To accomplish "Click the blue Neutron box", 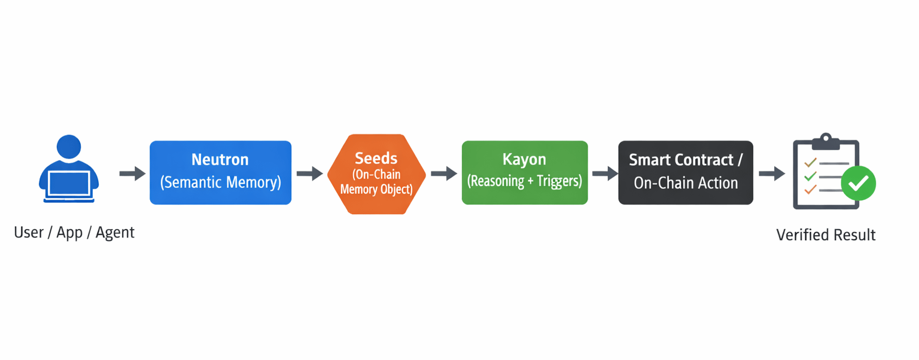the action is (x=220, y=173).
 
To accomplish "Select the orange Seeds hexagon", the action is (x=376, y=174).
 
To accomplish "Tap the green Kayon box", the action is (x=525, y=173).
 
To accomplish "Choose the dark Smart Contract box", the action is (x=686, y=173).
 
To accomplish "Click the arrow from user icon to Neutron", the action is (x=132, y=173).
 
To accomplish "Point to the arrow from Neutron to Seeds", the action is (x=310, y=173).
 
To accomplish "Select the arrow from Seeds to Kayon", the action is (x=444, y=173).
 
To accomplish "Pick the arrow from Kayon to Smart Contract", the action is (x=605, y=173).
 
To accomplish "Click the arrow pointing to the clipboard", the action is (x=772, y=173).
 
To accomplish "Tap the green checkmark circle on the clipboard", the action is (x=859, y=183).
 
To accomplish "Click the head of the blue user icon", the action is (x=69, y=147).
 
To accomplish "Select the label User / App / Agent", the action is (x=74, y=233).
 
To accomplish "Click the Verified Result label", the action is (x=826, y=235).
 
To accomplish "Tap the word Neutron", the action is (x=220, y=160).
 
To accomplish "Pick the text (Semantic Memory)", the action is (x=220, y=182).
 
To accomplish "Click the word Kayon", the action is (x=524, y=159).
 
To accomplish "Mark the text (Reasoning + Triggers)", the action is (x=525, y=181).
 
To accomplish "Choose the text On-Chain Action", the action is (x=686, y=183).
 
